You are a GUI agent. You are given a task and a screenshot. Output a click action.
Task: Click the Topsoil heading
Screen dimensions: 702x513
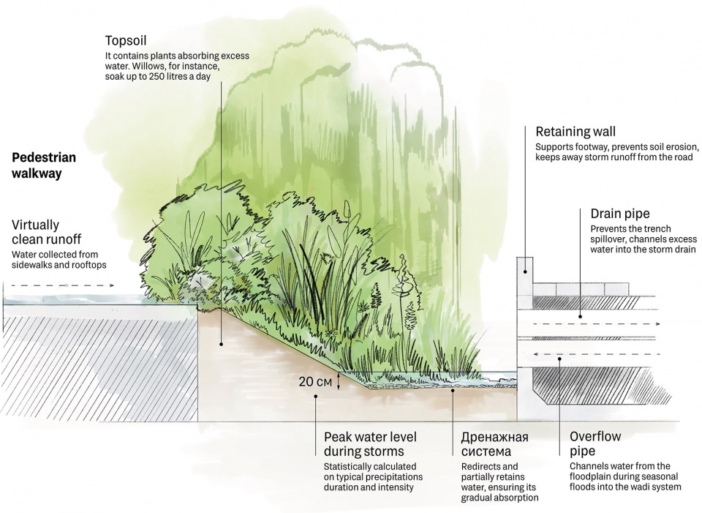[125, 41]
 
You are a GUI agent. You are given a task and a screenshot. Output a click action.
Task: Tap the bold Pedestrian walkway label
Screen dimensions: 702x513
[43, 165]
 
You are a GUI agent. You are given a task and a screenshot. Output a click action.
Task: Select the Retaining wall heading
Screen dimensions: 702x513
[575, 132]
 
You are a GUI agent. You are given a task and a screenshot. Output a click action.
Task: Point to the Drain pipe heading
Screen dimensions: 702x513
[619, 214]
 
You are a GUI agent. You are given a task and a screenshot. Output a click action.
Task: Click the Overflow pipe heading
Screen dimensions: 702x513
[595, 443]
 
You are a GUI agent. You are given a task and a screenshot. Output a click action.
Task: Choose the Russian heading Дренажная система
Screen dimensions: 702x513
[495, 443]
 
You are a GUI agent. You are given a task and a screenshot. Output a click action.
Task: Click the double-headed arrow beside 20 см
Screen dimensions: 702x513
[338, 382]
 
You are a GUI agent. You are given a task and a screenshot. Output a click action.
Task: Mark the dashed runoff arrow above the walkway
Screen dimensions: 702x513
[63, 285]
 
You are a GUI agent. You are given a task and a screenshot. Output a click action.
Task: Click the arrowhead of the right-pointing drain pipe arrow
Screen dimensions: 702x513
[657, 323]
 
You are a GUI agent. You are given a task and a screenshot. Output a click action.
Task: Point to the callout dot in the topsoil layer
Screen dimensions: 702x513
[221, 344]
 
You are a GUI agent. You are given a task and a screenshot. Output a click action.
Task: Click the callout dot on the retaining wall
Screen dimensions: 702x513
[525, 272]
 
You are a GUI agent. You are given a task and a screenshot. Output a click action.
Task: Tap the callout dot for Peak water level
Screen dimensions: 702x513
[316, 396]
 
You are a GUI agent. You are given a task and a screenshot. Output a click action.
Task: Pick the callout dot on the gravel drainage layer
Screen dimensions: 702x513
[453, 390]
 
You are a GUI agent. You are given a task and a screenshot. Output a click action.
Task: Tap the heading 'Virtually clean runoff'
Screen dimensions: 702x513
[47, 232]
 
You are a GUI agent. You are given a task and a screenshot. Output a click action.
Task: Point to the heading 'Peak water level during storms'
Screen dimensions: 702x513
[370, 444]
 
